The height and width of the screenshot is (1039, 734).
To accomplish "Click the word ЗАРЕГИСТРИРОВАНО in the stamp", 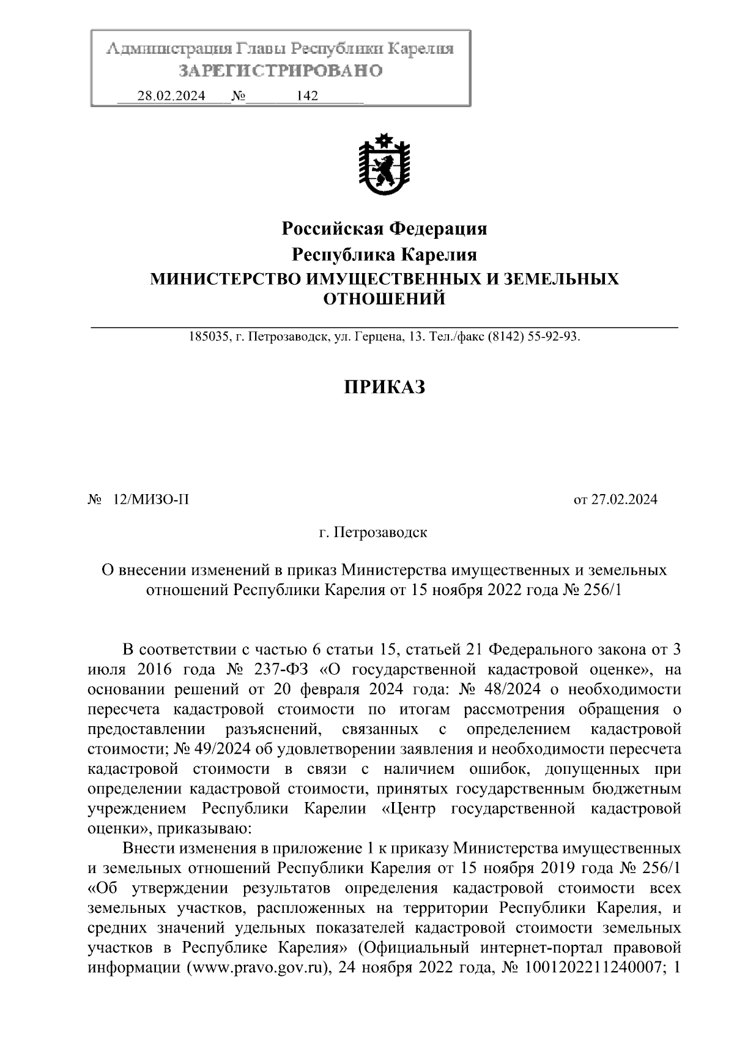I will click(281, 71).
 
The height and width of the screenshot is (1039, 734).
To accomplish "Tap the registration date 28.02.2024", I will click(171, 96).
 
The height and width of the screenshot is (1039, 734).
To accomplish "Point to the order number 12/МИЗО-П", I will click(151, 500).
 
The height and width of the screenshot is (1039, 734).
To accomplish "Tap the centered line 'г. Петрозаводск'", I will click(373, 532).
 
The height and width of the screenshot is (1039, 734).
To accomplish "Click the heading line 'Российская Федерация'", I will click(384, 229).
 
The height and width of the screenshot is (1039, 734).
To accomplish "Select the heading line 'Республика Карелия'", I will click(384, 254).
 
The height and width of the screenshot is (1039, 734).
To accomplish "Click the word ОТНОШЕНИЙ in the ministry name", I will click(384, 299).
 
